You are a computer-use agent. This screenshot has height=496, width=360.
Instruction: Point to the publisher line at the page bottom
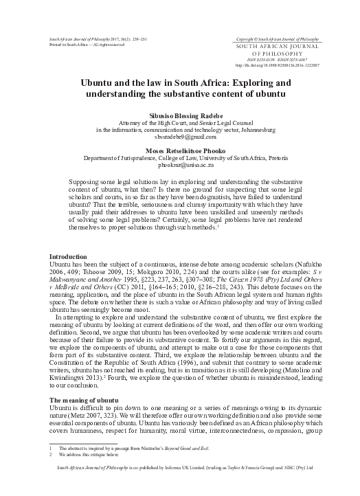point(179,486)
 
